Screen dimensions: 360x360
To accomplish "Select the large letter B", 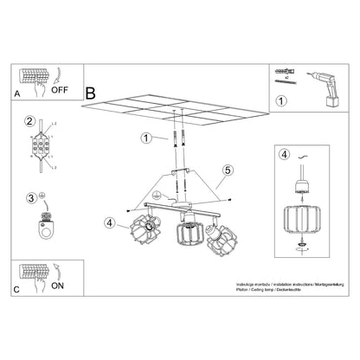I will (92, 89).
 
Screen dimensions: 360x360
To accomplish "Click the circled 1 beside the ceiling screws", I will (145, 138).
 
